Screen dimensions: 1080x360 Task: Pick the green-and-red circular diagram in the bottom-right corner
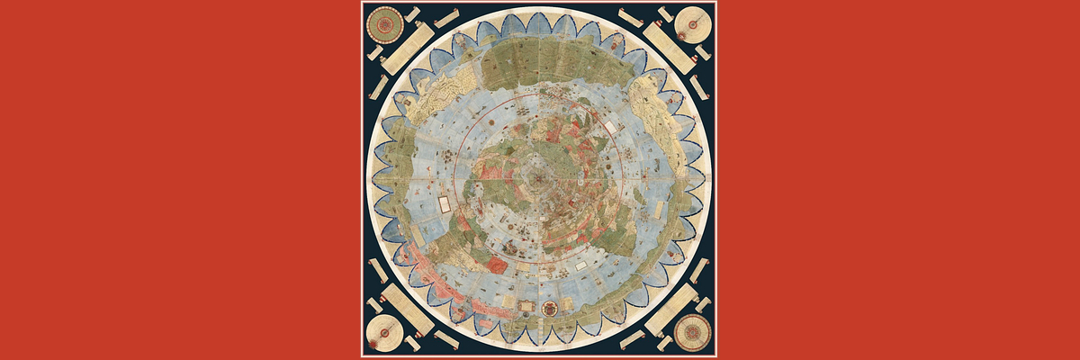(690, 333)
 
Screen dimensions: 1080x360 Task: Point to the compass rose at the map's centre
(538, 176)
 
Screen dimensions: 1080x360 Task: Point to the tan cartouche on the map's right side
(654, 211)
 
